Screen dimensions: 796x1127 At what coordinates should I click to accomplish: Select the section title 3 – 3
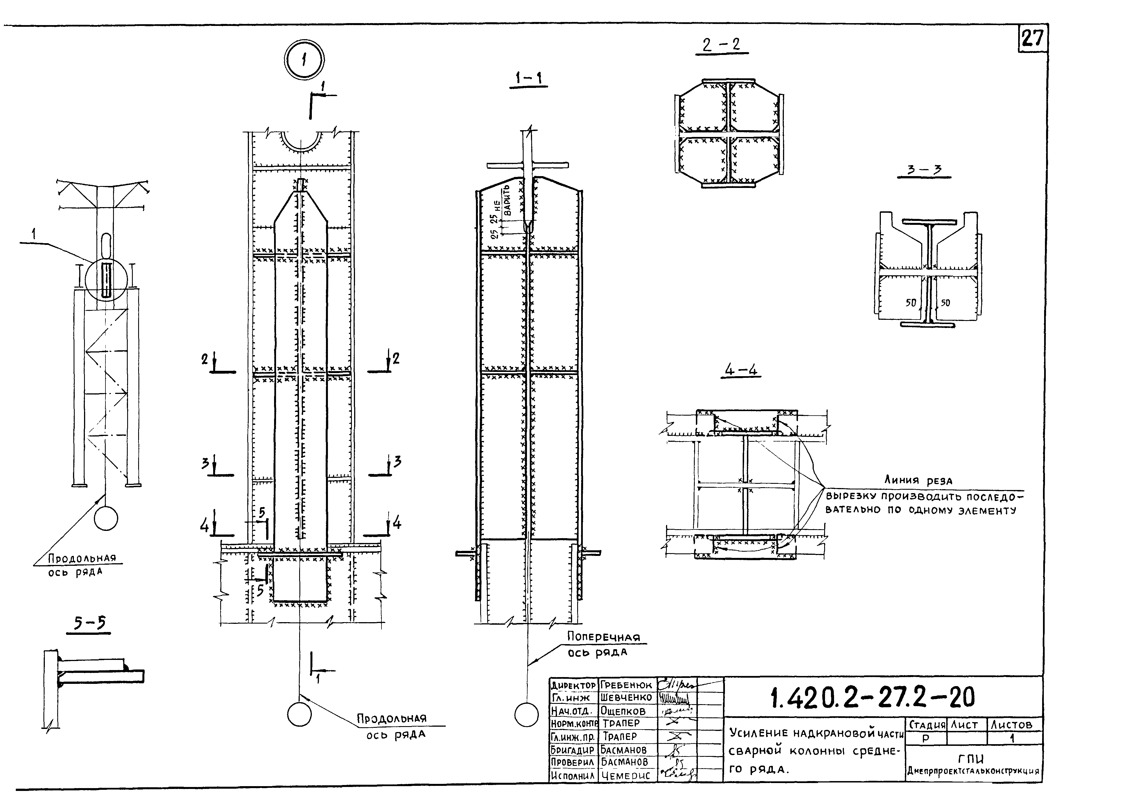coord(924,170)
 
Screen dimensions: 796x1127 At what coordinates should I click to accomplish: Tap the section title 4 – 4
coord(741,369)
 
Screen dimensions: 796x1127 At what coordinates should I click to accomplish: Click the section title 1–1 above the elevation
coord(528,78)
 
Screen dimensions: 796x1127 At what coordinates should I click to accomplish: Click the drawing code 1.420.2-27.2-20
coord(872,698)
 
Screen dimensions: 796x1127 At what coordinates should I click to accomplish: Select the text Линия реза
coord(918,480)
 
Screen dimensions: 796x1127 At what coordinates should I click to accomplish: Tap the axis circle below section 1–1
coord(526,715)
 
